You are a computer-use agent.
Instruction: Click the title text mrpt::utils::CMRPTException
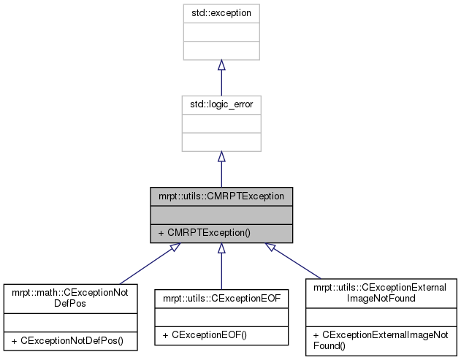click(x=221, y=196)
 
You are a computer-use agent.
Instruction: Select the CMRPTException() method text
click(x=209, y=234)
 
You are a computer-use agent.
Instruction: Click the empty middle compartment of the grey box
click(x=221, y=215)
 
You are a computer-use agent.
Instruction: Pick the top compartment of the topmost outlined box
click(x=221, y=13)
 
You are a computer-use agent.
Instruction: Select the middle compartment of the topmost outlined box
click(x=221, y=32)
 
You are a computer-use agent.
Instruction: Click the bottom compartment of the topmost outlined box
click(x=221, y=50)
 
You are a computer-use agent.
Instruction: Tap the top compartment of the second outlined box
click(x=221, y=105)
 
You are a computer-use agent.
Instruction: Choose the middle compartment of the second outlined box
click(x=221, y=123)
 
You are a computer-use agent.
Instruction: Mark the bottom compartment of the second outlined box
click(x=221, y=142)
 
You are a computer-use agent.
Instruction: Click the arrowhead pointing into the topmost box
click(x=221, y=66)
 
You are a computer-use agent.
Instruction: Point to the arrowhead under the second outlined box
click(x=221, y=157)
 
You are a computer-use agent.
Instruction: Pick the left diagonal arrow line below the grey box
click(x=142, y=269)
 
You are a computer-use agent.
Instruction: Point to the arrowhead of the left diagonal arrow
click(x=174, y=248)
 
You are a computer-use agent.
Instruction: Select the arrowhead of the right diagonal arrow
click(x=270, y=248)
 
